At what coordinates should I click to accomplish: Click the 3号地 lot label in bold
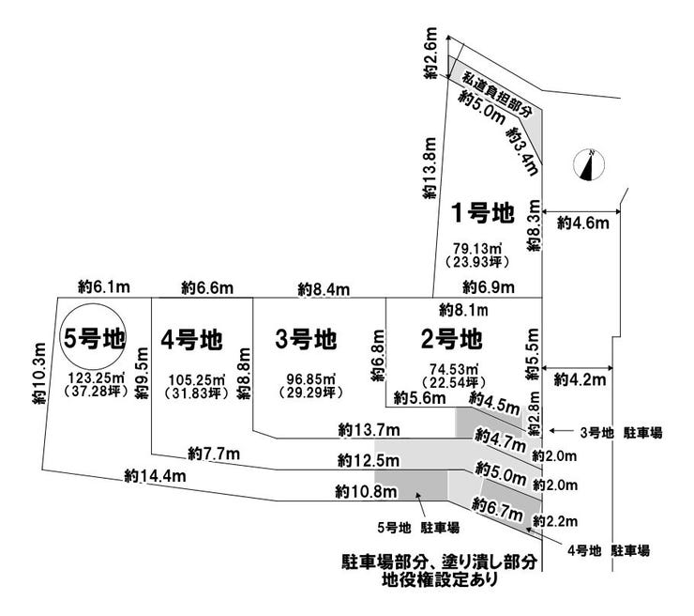coord(307,337)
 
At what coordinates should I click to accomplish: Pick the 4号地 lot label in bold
coord(190,337)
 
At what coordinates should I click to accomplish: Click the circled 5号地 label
coord(93,337)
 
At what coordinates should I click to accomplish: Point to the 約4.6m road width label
coord(583,223)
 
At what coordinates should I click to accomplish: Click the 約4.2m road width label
coord(581,380)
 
